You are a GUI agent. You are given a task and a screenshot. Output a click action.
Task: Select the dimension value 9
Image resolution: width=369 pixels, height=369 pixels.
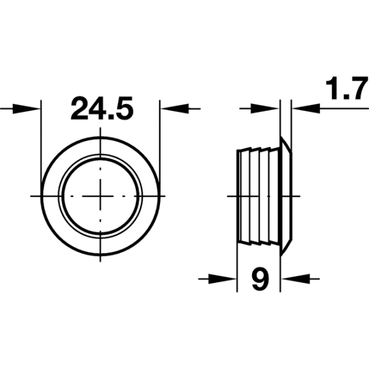click(x=260, y=280)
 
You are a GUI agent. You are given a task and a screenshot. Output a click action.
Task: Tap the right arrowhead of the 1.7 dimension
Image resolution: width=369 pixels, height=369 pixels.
click(x=302, y=109)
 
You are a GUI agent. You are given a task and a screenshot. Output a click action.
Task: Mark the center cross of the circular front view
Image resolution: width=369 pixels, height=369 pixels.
click(x=101, y=196)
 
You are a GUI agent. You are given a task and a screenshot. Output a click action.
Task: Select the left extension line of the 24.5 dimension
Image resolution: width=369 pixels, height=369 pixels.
click(x=41, y=141)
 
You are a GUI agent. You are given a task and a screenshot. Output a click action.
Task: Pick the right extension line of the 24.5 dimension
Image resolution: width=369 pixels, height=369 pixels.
click(x=161, y=141)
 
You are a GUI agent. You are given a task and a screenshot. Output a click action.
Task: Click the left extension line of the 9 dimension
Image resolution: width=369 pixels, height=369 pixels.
click(x=237, y=264)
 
